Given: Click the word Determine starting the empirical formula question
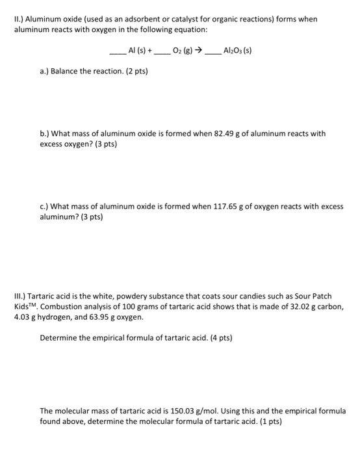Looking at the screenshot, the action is click(x=58, y=338).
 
